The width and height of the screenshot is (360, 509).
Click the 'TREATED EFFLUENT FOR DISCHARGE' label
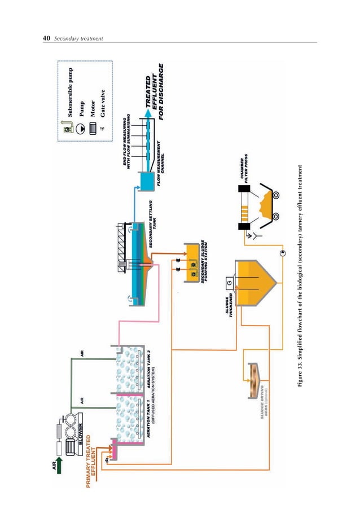tap(154, 95)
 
